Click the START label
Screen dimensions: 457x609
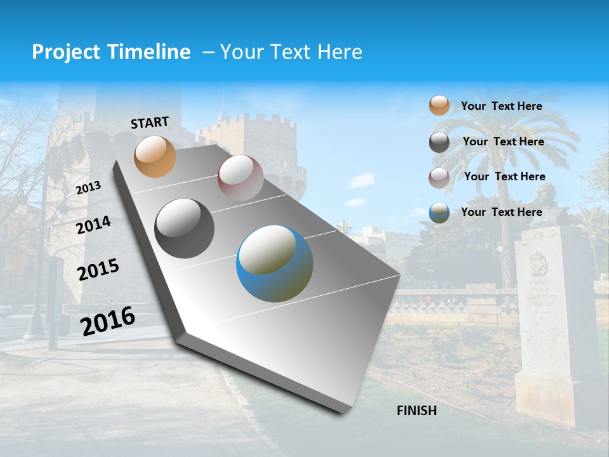(150, 123)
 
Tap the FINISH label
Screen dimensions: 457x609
(417, 411)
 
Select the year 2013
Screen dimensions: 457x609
(88, 188)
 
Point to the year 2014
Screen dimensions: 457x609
(94, 225)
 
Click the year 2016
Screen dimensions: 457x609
(108, 321)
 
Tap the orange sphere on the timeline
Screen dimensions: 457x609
(155, 156)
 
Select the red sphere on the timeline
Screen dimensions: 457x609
(240, 178)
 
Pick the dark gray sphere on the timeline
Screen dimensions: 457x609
(185, 228)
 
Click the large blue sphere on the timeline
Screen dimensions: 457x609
(275, 263)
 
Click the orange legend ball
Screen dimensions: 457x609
(439, 106)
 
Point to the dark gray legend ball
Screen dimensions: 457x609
(439, 142)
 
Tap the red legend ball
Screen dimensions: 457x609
(439, 178)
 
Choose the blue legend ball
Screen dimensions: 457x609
(439, 213)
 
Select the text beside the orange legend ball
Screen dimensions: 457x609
(501, 106)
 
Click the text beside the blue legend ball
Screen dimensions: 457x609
(501, 212)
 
